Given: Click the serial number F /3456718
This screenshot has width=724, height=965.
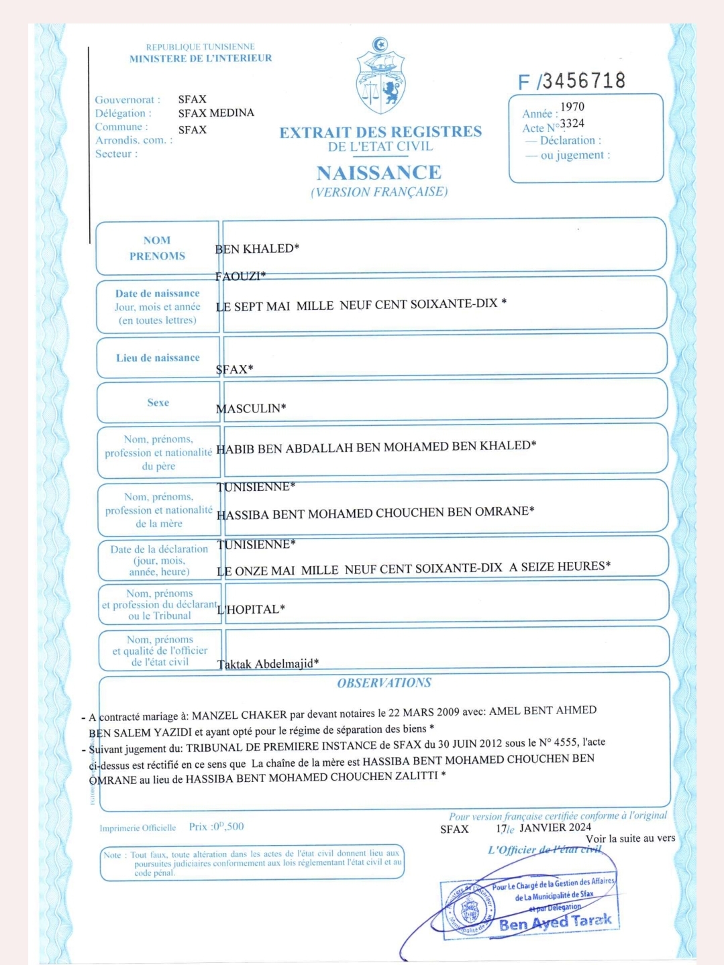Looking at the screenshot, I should pyautogui.click(x=572, y=81).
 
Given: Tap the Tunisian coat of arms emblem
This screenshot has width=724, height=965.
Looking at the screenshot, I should pyautogui.click(x=380, y=78).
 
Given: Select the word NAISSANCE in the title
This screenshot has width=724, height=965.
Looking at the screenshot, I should pyautogui.click(x=379, y=173).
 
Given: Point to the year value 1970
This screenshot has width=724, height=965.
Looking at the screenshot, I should pyautogui.click(x=572, y=107).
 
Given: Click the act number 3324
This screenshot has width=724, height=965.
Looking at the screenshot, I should pyautogui.click(x=572, y=123).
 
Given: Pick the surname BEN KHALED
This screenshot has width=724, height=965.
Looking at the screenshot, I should pyautogui.click(x=257, y=249).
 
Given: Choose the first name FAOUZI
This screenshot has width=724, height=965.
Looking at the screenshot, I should pyautogui.click(x=240, y=276).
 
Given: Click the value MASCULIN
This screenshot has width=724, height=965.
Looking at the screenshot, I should pyautogui.click(x=251, y=408).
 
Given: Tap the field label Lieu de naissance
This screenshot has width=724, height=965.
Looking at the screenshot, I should pyautogui.click(x=158, y=358).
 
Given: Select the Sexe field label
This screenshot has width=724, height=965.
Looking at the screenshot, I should pyautogui.click(x=158, y=402).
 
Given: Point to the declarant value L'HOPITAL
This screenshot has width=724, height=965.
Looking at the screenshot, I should pyautogui.click(x=251, y=610).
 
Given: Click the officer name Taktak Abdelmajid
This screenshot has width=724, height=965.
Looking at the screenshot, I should pyautogui.click(x=268, y=664).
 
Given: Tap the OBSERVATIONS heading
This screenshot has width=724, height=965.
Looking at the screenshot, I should pyautogui.click(x=384, y=683).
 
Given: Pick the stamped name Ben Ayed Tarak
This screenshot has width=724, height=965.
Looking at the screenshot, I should pyautogui.click(x=555, y=922).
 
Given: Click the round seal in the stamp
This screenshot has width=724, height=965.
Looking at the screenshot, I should pyautogui.click(x=470, y=910).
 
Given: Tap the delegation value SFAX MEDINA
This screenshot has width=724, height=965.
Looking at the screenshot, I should pyautogui.click(x=216, y=113).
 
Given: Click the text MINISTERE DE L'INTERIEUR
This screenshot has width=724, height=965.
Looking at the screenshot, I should pyautogui.click(x=201, y=58).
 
